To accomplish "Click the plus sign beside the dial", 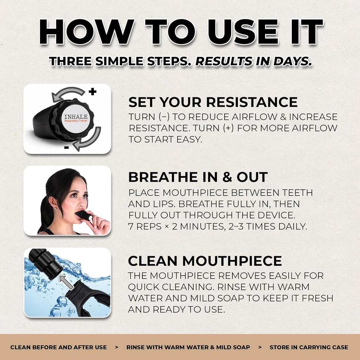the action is (x=92, y=92).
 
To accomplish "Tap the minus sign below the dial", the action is (x=66, y=147).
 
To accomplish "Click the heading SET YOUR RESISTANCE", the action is (x=213, y=102).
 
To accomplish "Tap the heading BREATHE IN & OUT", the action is (x=198, y=177).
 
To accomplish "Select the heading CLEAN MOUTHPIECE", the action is (x=205, y=261).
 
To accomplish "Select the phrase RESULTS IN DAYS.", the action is (x=253, y=61).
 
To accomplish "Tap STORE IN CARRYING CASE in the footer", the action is (x=309, y=347).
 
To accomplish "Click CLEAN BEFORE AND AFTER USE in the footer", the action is (x=59, y=347).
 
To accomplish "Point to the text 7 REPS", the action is (x=145, y=226).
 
